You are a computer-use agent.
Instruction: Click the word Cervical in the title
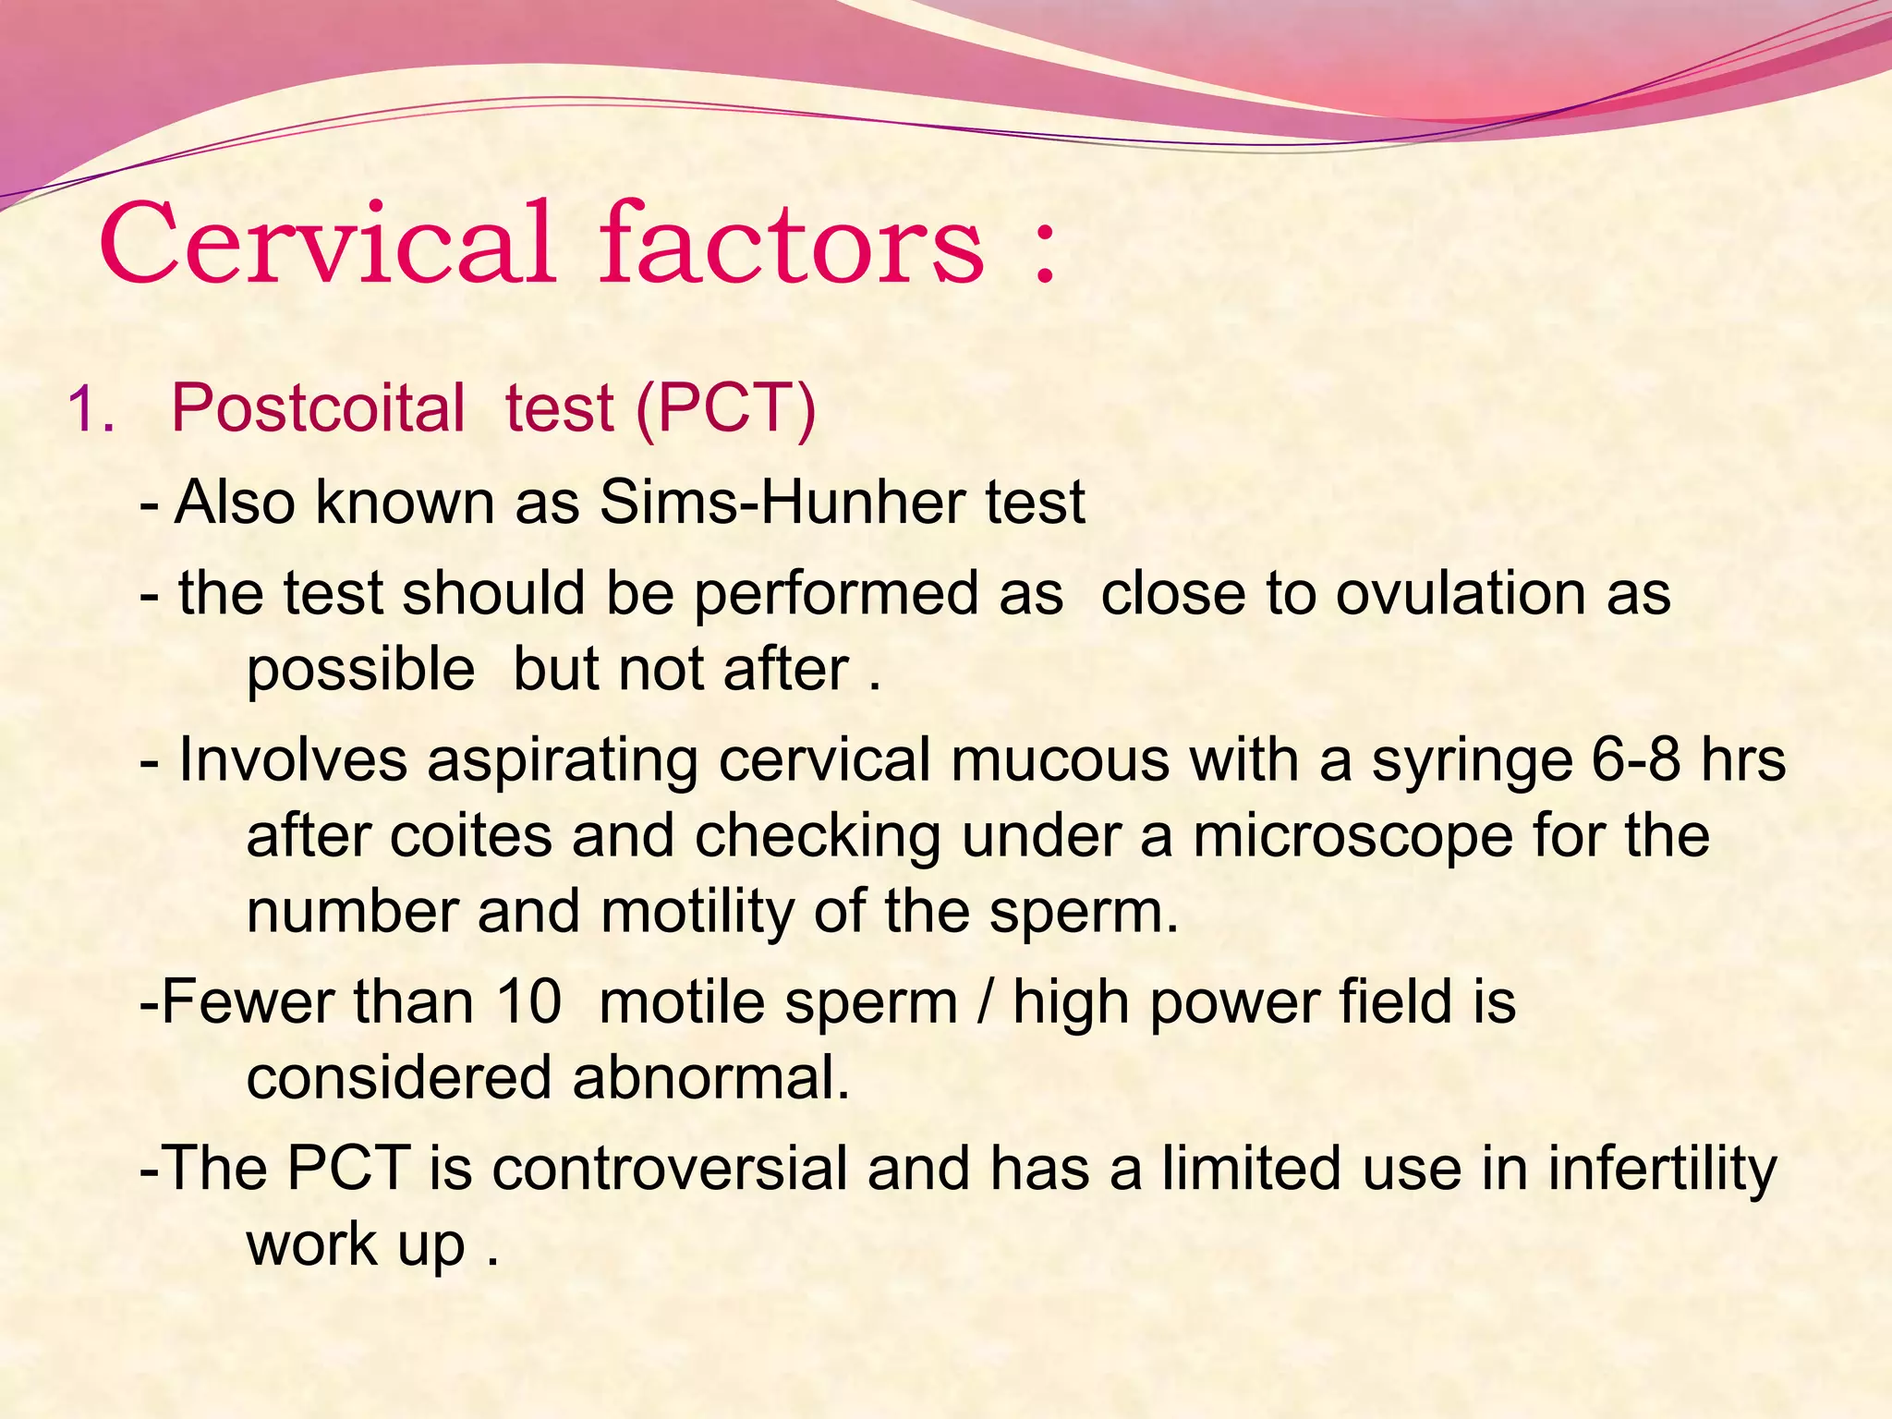pyautogui.click(x=328, y=244)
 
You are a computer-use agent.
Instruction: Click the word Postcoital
pyautogui.click(x=319, y=408)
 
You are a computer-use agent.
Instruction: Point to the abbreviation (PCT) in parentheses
pyautogui.click(x=726, y=408)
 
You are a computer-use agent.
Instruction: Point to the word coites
pyautogui.click(x=470, y=837)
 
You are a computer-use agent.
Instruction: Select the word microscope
pyautogui.click(x=1352, y=837)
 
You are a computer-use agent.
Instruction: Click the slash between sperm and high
pyautogui.click(x=985, y=1002)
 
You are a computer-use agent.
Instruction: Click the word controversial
pyautogui.click(x=669, y=1169)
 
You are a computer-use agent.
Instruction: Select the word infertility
pyautogui.click(x=1662, y=1169)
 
